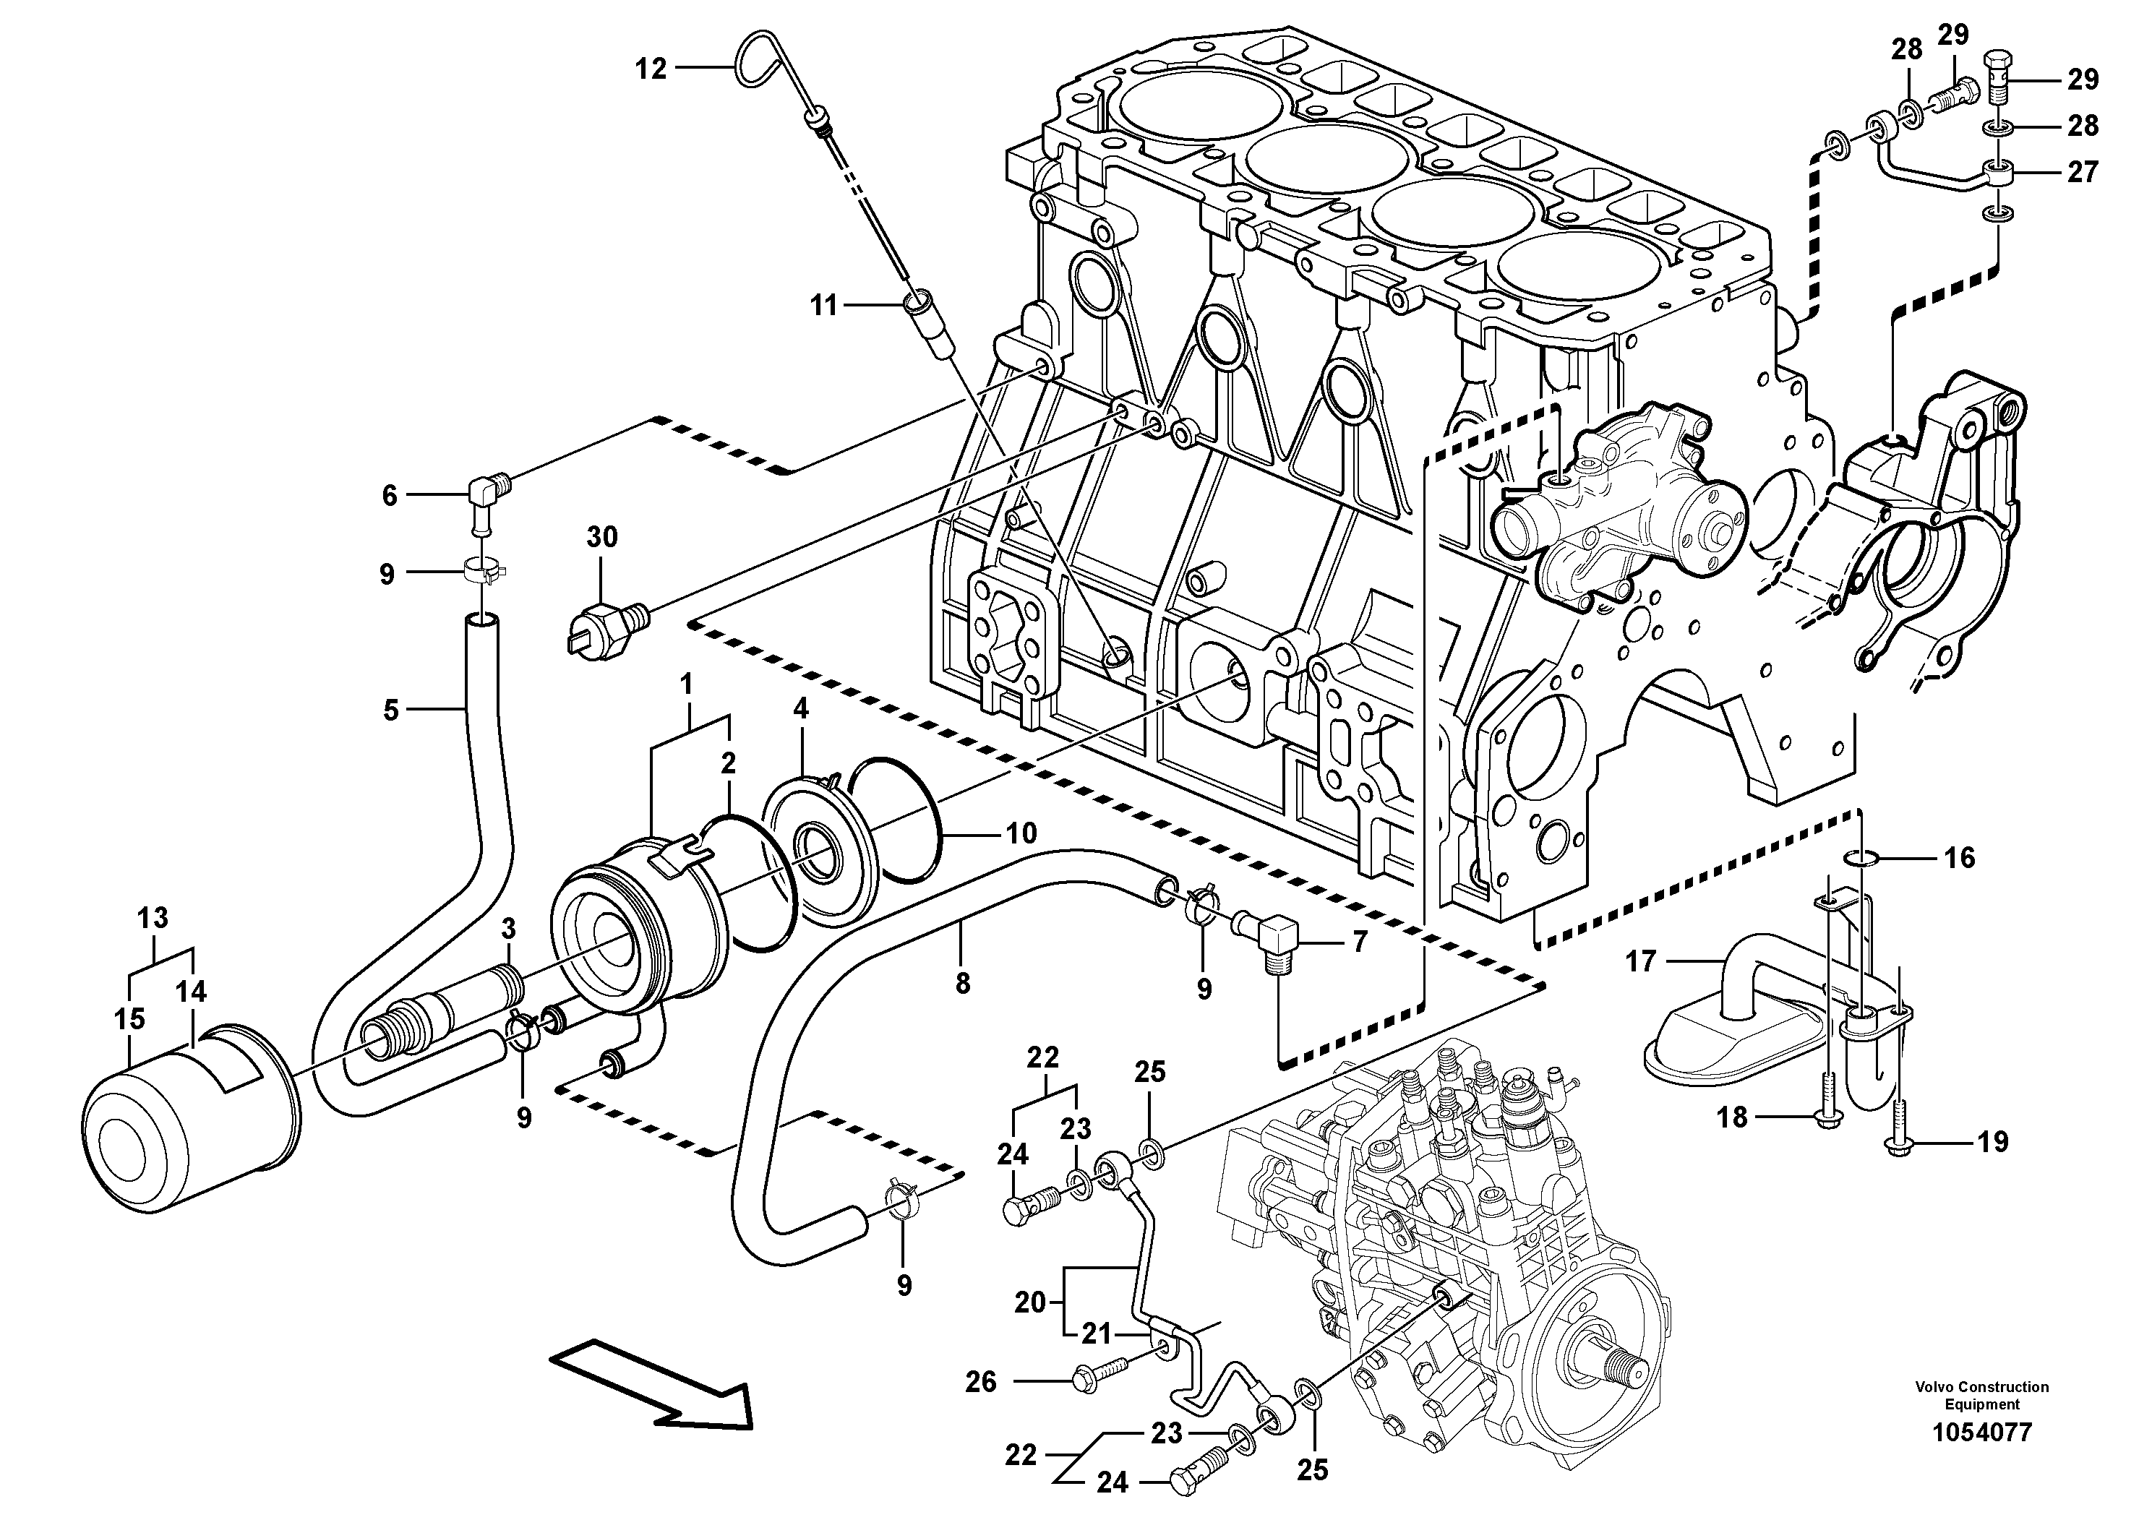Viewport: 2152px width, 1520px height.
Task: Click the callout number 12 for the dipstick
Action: [x=651, y=69]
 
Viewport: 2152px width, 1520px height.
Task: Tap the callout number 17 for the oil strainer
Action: [x=1640, y=961]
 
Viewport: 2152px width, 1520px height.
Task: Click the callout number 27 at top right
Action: [x=2082, y=171]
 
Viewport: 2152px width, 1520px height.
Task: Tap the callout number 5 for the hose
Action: [x=391, y=710]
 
